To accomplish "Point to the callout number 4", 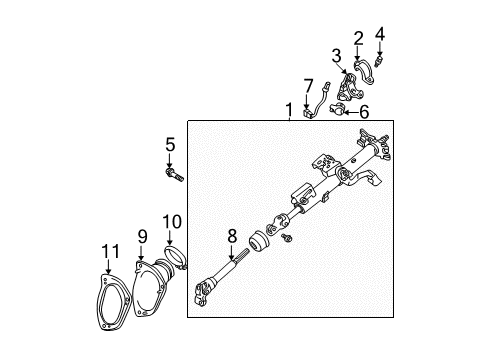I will [379, 34].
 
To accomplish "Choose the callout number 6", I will [363, 110].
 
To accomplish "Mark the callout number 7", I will [308, 83].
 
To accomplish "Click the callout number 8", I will [231, 238].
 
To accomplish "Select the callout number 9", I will [142, 238].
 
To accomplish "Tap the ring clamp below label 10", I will [176, 261].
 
